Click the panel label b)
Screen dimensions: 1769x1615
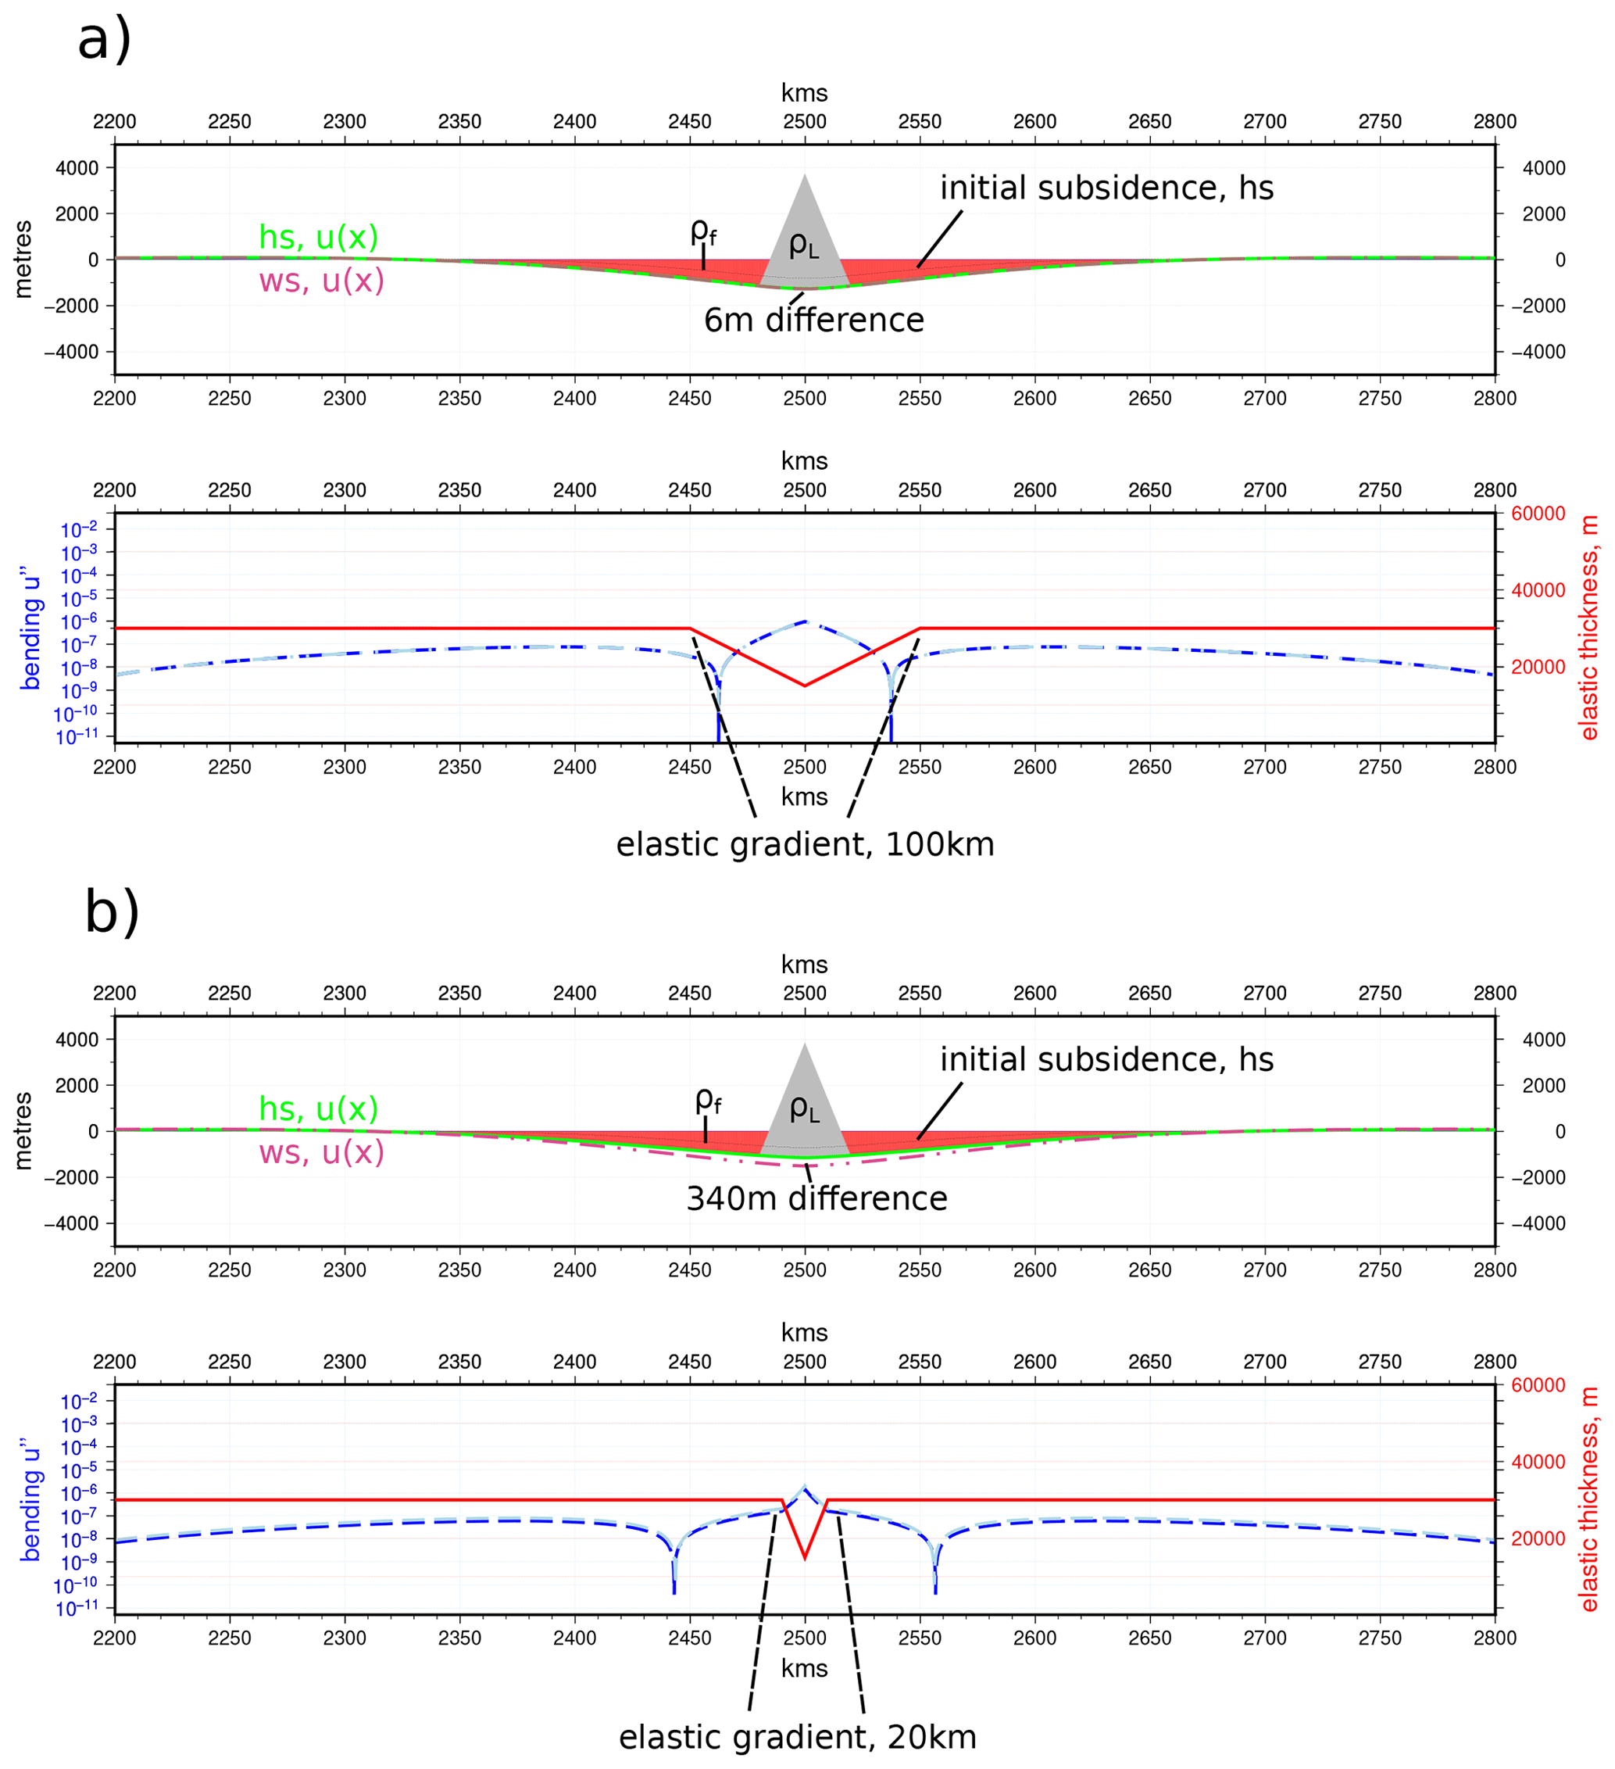[x=112, y=911]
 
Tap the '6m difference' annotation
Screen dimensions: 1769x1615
[x=813, y=320]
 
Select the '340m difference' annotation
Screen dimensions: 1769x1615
[x=816, y=1198]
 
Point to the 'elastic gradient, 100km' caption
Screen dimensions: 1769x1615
[x=805, y=845]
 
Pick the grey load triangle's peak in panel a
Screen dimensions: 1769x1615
[x=805, y=177]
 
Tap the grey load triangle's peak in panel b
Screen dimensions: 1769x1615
[x=805, y=1046]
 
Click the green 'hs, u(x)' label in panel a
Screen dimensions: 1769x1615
[x=319, y=237]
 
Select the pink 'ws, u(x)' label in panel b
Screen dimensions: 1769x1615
[x=321, y=1152]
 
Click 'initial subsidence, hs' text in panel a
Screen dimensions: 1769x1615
[x=1106, y=188]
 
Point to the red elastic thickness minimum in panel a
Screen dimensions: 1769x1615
[x=805, y=686]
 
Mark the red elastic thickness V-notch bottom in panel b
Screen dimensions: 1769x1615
[x=805, y=1557]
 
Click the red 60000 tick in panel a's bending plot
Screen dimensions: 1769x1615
[x=1538, y=514]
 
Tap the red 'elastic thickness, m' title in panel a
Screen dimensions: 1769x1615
[x=1588, y=628]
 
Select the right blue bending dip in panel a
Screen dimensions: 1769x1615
[x=891, y=719]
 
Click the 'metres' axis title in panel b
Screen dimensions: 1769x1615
[x=23, y=1131]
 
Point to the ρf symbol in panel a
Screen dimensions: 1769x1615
[x=702, y=231]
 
